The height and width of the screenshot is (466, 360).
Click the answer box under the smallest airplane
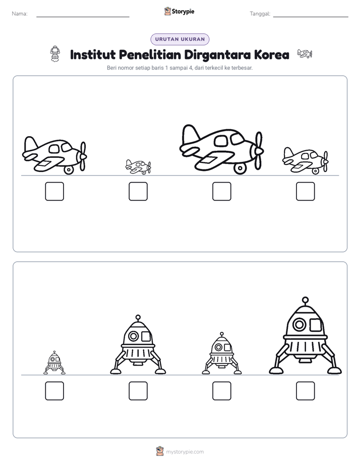138,192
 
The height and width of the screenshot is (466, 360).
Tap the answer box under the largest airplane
222,192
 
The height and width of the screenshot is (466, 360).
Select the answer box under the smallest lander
54,391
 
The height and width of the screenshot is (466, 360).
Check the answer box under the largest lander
306,391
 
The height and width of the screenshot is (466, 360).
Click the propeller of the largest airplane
259,151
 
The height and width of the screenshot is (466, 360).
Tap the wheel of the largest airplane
240,168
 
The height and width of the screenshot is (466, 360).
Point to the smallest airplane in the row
139,167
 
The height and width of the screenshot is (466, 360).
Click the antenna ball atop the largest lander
305,300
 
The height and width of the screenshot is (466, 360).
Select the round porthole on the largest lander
299,324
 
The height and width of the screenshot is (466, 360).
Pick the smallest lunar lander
54,363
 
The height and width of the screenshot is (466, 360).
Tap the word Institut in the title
93,54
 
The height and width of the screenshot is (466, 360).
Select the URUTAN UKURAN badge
180,39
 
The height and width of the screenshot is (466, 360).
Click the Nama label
20,14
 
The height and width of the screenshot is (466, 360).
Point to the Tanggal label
260,14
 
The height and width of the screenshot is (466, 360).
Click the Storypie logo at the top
179,11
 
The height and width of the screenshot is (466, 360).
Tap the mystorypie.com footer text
185,452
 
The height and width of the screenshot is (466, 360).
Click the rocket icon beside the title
55,54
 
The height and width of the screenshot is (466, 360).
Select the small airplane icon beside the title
305,54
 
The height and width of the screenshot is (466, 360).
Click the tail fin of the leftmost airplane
30,144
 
